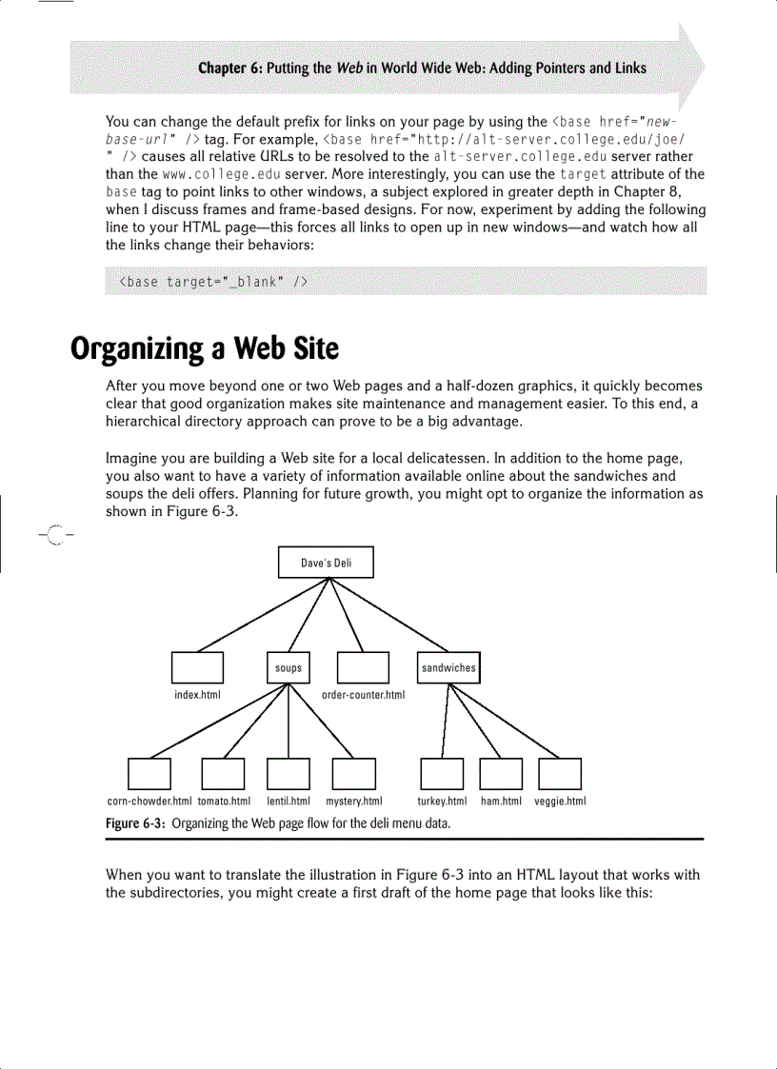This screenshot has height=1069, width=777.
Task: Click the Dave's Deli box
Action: (x=326, y=563)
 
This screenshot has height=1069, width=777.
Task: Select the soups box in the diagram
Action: (x=289, y=668)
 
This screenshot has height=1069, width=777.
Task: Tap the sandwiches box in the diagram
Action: (x=448, y=668)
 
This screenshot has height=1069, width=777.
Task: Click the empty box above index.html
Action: (x=197, y=668)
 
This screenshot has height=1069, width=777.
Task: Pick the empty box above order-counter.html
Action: (x=364, y=668)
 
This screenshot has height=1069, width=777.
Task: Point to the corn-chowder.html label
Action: (x=149, y=802)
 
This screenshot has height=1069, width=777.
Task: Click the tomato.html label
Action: (x=224, y=802)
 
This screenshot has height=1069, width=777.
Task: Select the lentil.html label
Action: (x=289, y=802)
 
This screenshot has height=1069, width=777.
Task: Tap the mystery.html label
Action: (x=353, y=802)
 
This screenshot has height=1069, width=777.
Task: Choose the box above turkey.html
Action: (x=442, y=774)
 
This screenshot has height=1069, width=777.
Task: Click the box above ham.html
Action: (x=501, y=774)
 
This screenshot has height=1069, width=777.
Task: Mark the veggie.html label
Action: (x=560, y=802)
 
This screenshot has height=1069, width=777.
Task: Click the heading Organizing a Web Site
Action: (x=205, y=348)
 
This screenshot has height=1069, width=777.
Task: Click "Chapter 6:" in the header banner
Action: (x=229, y=69)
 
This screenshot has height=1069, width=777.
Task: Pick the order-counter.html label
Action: (x=364, y=695)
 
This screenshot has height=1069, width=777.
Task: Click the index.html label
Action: (x=197, y=695)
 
